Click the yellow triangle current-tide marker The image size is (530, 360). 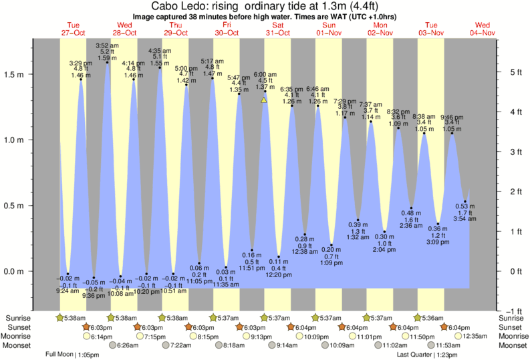click(x=264, y=100)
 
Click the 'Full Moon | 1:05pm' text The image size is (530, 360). click(x=72, y=354)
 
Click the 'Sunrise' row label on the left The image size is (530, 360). click(x=16, y=318)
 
